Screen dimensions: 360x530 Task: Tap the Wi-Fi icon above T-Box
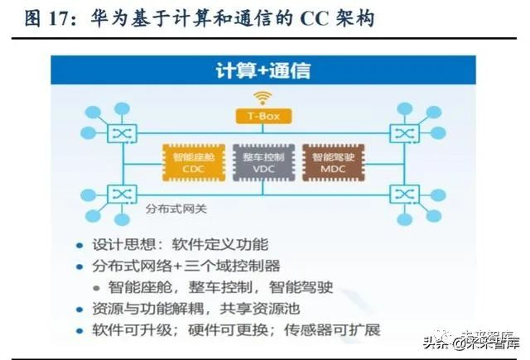pos(263,98)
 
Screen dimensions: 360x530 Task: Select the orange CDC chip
pos(193,162)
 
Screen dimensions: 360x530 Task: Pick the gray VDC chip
pos(263,162)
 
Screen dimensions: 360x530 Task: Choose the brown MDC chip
pos(332,162)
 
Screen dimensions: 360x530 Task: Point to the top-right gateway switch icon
pos(405,132)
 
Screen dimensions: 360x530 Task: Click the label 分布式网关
pos(173,209)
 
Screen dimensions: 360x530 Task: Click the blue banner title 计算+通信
pos(263,70)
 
